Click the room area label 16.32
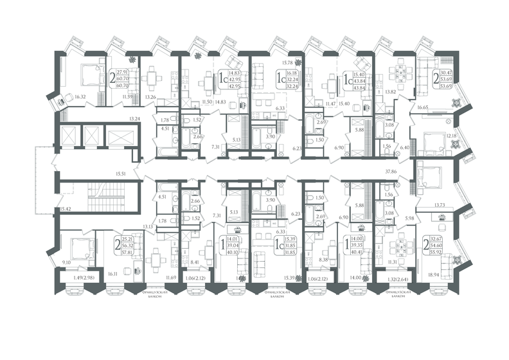coord(80,97)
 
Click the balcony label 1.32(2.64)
coord(400,278)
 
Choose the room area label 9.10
coord(67,262)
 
